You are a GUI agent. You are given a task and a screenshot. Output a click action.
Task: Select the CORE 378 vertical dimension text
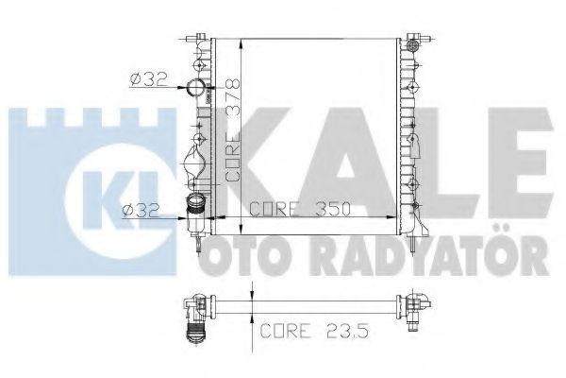coord(233,131)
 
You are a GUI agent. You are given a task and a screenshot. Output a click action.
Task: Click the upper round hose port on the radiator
coord(197,91)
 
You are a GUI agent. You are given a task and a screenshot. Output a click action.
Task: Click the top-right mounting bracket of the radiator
coord(412,43)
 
